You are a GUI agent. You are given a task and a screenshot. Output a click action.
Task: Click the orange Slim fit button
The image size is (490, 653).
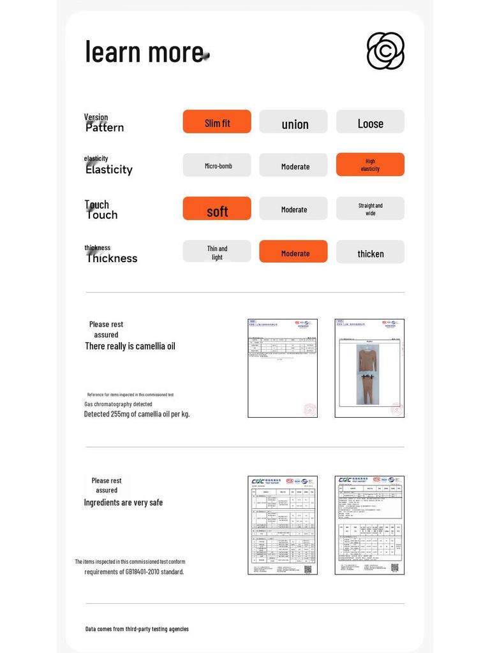tap(217, 122)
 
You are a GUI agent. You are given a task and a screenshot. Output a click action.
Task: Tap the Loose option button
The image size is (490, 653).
tap(370, 122)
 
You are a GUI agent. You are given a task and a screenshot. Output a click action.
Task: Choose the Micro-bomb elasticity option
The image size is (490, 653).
tap(217, 165)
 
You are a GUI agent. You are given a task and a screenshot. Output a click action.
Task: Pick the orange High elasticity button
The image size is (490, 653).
tap(370, 165)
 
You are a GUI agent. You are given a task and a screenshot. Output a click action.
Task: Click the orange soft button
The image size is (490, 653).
tap(217, 209)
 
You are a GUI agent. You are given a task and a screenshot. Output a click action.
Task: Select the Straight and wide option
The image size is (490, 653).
tap(370, 209)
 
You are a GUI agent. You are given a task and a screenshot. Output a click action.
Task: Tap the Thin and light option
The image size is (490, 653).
tap(217, 252)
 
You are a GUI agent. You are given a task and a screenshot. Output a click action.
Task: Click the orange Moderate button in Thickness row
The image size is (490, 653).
tap(293, 252)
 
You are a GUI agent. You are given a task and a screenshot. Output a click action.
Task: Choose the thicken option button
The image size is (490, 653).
tap(370, 252)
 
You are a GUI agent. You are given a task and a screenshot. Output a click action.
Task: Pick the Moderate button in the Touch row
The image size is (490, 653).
tap(293, 209)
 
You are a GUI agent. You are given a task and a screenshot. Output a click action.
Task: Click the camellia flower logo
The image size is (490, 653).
tap(385, 51)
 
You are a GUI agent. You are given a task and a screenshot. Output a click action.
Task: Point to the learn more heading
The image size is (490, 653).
tap(145, 52)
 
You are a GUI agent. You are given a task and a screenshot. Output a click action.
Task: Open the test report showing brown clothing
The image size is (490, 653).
tap(369, 369)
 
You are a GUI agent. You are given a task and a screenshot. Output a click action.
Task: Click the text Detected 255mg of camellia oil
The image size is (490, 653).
tap(137, 414)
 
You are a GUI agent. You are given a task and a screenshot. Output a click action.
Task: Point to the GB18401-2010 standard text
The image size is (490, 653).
tap(134, 571)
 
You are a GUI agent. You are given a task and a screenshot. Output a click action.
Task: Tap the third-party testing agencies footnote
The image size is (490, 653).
tap(137, 629)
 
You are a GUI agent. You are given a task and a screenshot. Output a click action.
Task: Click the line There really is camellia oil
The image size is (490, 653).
tap(130, 346)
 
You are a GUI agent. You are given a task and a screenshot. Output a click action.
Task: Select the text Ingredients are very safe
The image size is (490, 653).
tap(123, 503)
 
